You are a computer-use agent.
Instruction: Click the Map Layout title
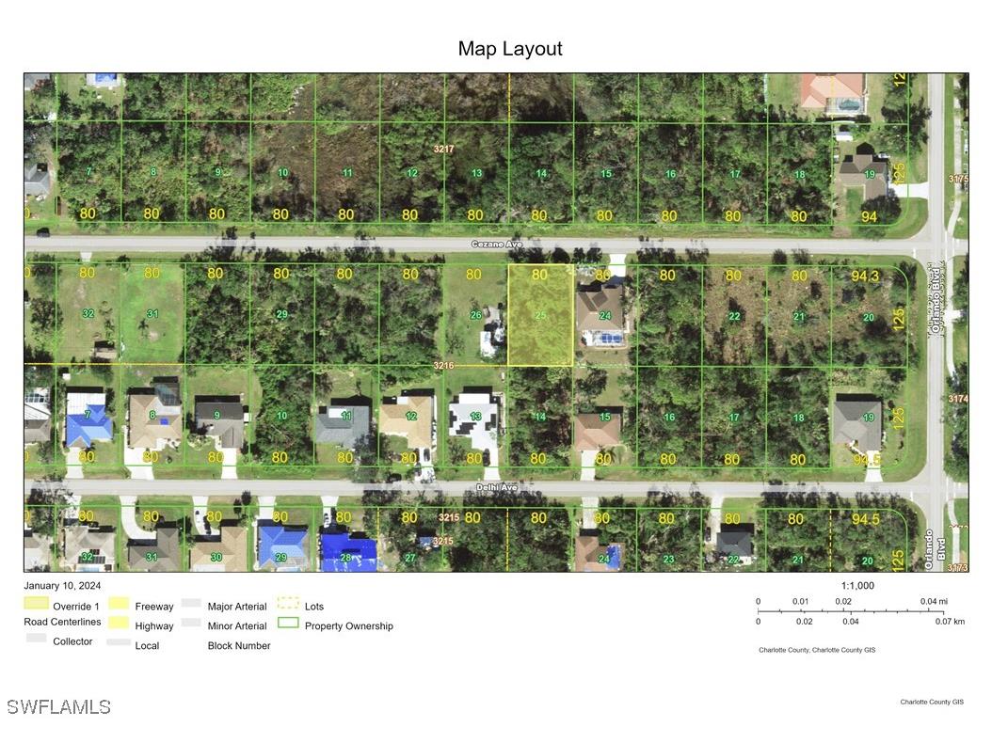[510, 49]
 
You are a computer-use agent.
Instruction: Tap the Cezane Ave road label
[497, 244]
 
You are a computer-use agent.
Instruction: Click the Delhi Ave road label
[495, 488]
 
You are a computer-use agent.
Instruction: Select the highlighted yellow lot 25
[540, 315]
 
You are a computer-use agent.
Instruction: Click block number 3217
[444, 149]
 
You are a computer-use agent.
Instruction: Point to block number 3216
[444, 365]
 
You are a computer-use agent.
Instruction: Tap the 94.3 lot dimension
[864, 276]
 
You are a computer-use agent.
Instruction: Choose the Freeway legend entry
[154, 607]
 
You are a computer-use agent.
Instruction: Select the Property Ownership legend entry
[348, 625]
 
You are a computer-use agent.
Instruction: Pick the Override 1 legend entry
[75, 607]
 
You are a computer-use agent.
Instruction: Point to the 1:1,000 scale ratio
[857, 585]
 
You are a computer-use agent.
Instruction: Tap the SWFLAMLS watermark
[58, 706]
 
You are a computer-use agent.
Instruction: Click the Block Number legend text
[239, 645]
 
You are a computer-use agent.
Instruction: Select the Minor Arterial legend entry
[237, 625]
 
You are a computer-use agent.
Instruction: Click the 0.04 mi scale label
[934, 601]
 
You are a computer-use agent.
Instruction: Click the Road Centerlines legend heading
[62, 622]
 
